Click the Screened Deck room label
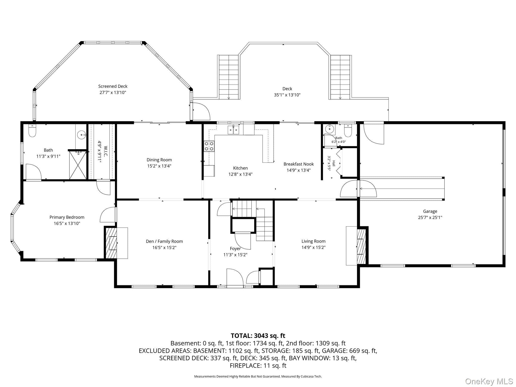(x=113, y=86)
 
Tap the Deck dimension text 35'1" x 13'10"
(x=287, y=95)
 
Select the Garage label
(x=430, y=211)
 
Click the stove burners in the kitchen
(x=209, y=146)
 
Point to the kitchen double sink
(x=233, y=130)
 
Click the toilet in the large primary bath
(x=32, y=131)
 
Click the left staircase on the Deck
(x=228, y=77)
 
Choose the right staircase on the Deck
(x=340, y=77)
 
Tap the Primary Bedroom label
(x=67, y=217)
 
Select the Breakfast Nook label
(x=299, y=164)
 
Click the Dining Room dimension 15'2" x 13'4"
(x=159, y=166)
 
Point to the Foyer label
(x=235, y=249)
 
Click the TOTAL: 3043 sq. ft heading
(x=258, y=336)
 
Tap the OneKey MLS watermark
(x=489, y=381)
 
